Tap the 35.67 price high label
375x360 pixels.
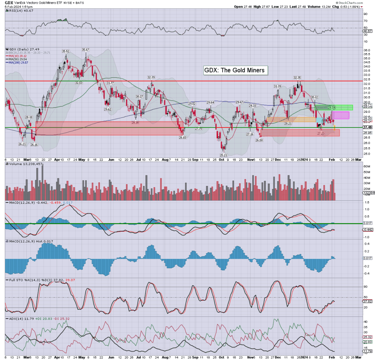click(86, 49)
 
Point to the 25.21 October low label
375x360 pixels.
click(224, 155)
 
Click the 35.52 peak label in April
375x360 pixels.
click(66, 51)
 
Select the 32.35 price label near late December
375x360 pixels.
click(297, 78)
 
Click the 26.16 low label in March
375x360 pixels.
click(34, 145)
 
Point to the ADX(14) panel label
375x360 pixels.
click(14, 319)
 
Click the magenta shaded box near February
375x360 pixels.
click(340, 115)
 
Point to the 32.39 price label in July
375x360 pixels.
click(151, 78)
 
